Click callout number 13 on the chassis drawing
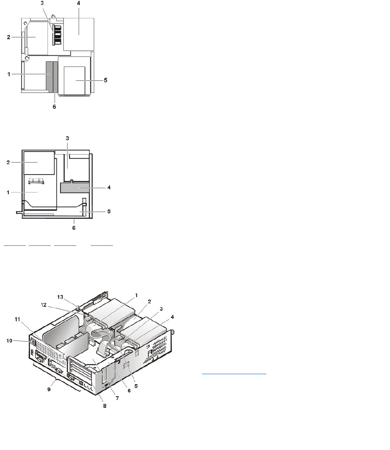[60, 297]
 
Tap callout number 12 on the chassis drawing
[44, 305]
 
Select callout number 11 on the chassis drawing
[17, 320]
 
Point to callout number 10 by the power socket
[10, 341]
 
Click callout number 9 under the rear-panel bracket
[49, 390]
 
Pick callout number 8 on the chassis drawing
[105, 406]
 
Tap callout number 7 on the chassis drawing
[117, 398]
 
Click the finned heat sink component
[57, 35]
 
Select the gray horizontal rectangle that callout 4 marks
[75, 187]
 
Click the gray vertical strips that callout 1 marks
[52, 77]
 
